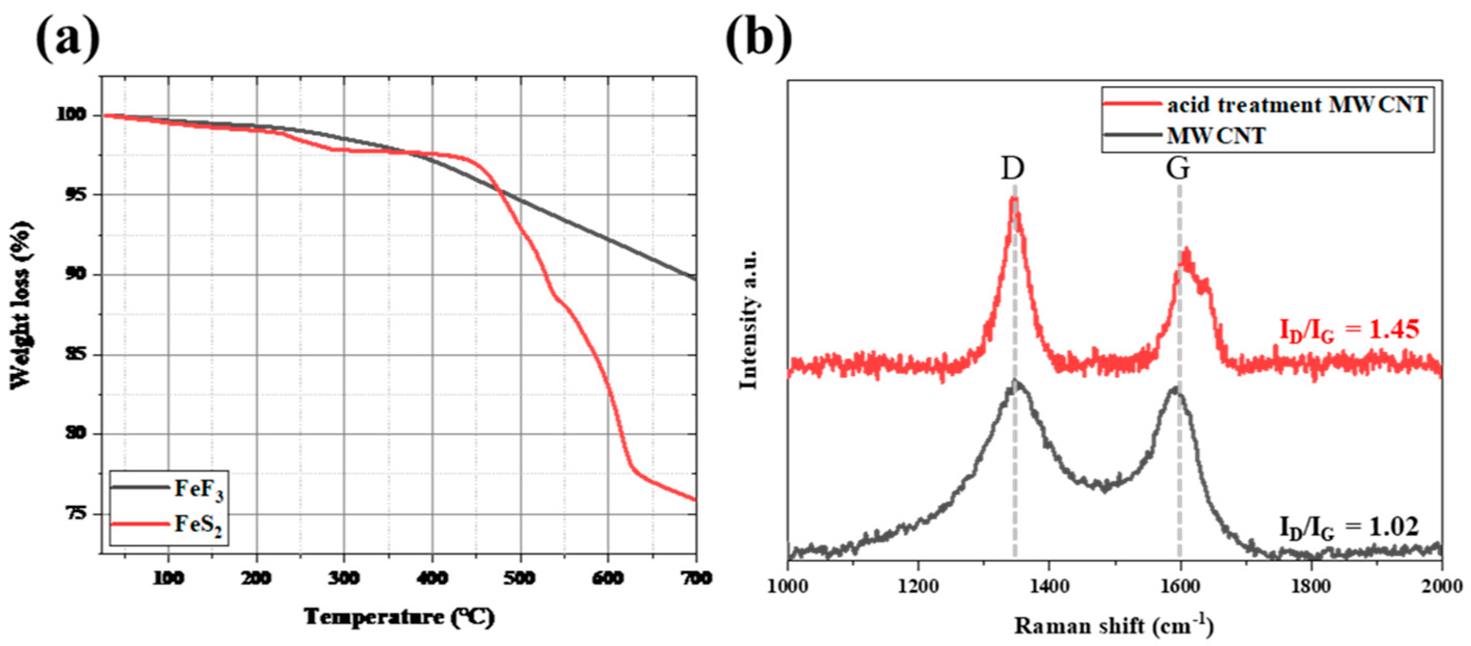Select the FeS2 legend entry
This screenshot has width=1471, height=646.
(168, 524)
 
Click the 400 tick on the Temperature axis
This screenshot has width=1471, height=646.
(433, 578)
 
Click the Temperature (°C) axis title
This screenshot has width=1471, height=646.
(399, 617)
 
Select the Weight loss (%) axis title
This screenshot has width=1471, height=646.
(21, 305)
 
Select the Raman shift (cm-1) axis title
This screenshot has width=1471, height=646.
(1114, 626)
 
